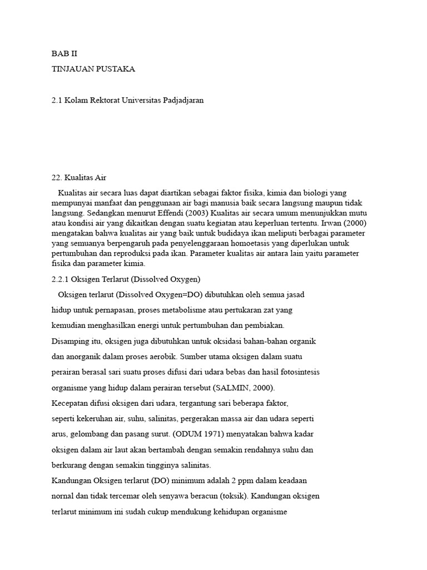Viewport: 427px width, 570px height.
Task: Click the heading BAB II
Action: coord(64,55)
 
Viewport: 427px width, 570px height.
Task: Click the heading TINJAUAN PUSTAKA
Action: coord(93,69)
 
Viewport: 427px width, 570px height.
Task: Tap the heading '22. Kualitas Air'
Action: coord(78,178)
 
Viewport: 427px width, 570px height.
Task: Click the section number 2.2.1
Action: coord(60,279)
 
